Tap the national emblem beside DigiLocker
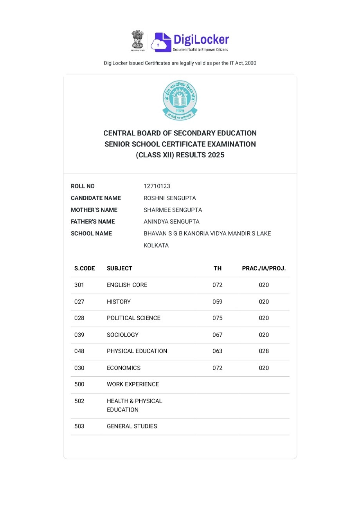pyautogui.click(x=138, y=40)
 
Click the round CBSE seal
pyautogui.click(x=180, y=100)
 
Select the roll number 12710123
pyautogui.click(x=157, y=186)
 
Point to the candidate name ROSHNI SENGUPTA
pyautogui.click(x=170, y=198)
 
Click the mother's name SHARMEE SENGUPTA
pyautogui.click(x=173, y=210)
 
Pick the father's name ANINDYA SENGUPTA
pyautogui.click(x=171, y=222)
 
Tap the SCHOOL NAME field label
pyautogui.click(x=91, y=233)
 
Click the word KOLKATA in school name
pyautogui.click(x=156, y=245)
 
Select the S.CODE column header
pyautogui.click(x=85, y=268)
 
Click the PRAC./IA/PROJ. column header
pyautogui.click(x=264, y=268)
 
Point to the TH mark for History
pyautogui.click(x=218, y=301)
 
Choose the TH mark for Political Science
pyautogui.click(x=218, y=318)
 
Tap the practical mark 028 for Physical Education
pyautogui.click(x=264, y=351)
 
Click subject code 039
pyautogui.click(x=79, y=335)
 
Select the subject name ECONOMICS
pyautogui.click(x=124, y=368)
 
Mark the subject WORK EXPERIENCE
pyautogui.click(x=133, y=384)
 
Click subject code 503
pyautogui.click(x=79, y=426)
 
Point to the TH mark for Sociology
pyautogui.click(x=218, y=335)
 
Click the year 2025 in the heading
pyautogui.click(x=216, y=155)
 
